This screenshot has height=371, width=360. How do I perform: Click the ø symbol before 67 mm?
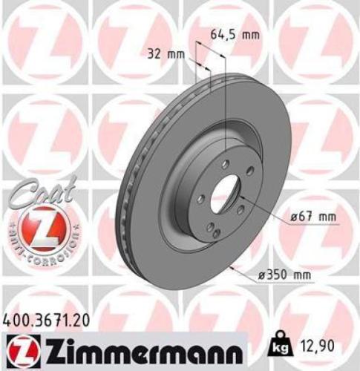(x=293, y=216)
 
